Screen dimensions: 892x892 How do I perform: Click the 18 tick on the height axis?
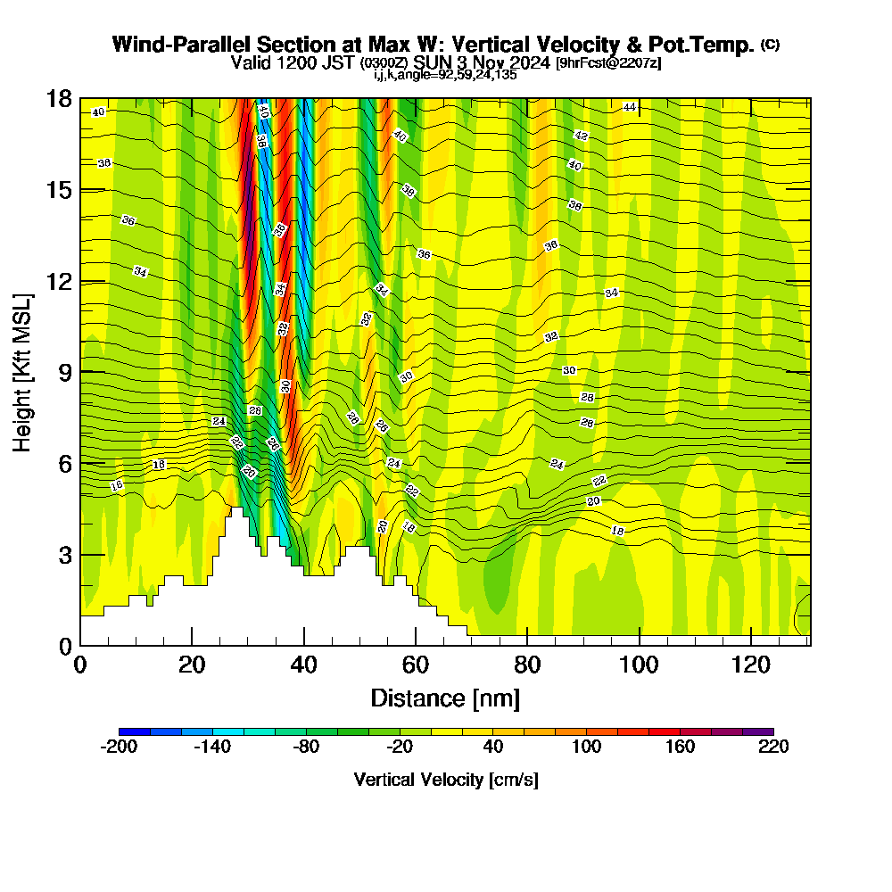click(60, 99)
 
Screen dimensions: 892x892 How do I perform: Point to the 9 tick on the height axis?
click(64, 372)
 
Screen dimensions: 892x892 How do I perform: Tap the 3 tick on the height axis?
click(64, 554)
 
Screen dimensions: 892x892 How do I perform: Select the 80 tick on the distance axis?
click(527, 664)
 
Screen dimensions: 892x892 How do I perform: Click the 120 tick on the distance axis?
click(751, 664)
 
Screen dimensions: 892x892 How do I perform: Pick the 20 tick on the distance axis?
click(192, 664)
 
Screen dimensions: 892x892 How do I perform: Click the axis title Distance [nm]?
click(445, 698)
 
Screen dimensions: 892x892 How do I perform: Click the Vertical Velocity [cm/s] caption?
click(446, 780)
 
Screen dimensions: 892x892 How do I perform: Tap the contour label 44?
click(630, 107)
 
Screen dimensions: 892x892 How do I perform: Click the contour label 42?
click(582, 136)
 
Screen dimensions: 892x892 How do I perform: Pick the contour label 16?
click(117, 485)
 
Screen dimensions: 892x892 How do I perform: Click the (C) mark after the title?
click(770, 45)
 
